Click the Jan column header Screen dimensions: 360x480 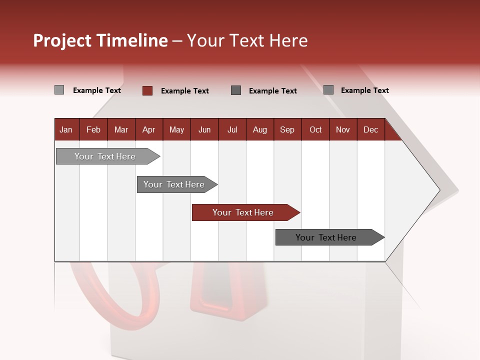(x=66, y=129)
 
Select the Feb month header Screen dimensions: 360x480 (x=93, y=129)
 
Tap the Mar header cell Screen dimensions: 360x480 (x=121, y=129)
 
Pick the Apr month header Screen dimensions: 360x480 (x=149, y=129)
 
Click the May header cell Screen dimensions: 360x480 (x=176, y=129)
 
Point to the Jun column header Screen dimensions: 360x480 (x=204, y=129)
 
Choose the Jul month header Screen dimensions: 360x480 (x=232, y=129)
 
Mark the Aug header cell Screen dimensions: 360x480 (x=260, y=129)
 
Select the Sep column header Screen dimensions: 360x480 (x=287, y=129)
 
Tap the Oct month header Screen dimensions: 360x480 (x=315, y=129)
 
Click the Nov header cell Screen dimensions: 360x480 (x=343, y=129)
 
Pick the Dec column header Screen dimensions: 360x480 (x=371, y=129)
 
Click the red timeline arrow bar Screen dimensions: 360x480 (x=243, y=212)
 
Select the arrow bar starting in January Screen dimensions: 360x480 (x=105, y=156)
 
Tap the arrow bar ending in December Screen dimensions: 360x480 (x=326, y=237)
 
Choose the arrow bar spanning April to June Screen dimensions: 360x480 (x=174, y=184)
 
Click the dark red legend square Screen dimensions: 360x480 (x=147, y=90)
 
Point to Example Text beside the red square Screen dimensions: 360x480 (x=185, y=91)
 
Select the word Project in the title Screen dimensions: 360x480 (x=62, y=40)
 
